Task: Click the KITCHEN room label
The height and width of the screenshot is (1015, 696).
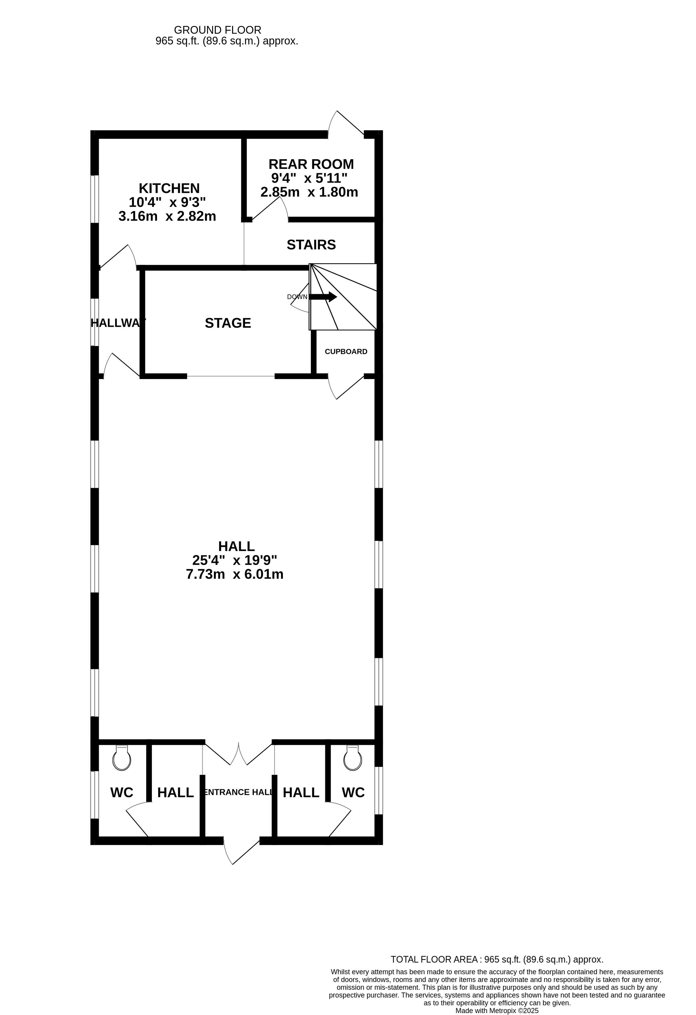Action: click(x=169, y=188)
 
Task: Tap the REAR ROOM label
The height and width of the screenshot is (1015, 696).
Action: click(x=311, y=164)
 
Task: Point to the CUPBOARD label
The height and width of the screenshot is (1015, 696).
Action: click(x=346, y=352)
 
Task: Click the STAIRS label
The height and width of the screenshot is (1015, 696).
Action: click(x=311, y=245)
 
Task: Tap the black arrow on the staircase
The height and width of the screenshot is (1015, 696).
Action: click(x=323, y=297)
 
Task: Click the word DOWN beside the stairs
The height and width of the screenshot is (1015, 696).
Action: click(x=297, y=297)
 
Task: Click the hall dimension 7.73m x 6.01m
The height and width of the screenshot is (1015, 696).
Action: click(x=235, y=574)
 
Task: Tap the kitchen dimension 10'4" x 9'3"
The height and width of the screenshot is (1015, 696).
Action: click(x=167, y=202)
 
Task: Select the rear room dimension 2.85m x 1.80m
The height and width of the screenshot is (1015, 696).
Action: click(x=309, y=192)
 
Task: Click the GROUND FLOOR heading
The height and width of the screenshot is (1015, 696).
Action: click(x=218, y=30)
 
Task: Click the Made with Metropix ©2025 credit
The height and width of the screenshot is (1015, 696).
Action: click(x=497, y=1011)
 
